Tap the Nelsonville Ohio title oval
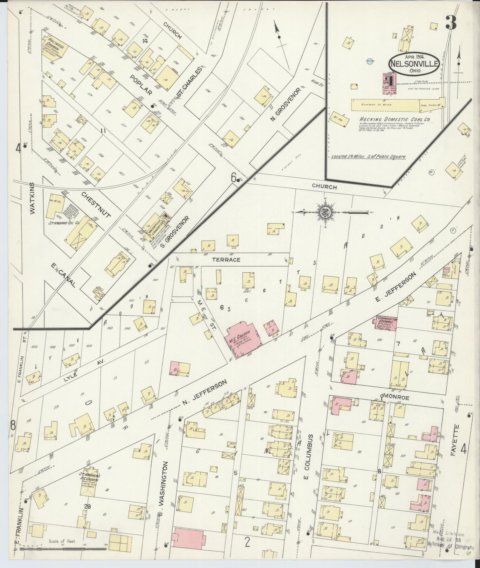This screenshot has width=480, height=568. tap(414, 63)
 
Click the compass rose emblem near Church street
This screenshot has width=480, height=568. tap(325, 212)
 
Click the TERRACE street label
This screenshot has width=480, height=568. tap(227, 260)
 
